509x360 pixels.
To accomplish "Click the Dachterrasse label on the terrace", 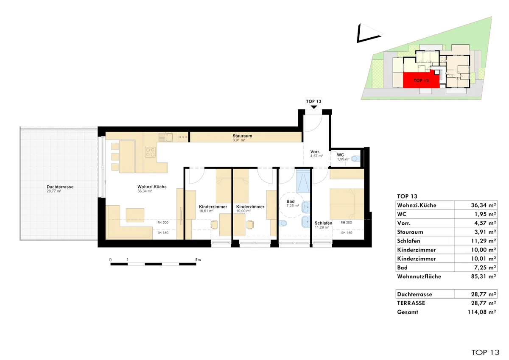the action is (60, 187).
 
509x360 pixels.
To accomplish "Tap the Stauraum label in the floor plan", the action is (242, 136).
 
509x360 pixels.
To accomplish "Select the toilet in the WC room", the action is (355, 159).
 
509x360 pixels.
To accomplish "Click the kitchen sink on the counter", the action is (166, 137).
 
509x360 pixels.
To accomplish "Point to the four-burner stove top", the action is (150, 152).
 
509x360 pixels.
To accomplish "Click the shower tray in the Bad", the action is (303, 181).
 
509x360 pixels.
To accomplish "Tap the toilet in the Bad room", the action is (283, 223).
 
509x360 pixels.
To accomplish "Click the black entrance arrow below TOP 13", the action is (313, 107).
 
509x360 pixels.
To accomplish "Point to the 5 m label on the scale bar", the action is (198, 260).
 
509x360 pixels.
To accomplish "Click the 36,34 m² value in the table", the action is (483, 205).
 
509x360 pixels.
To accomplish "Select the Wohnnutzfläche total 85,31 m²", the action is (483, 276).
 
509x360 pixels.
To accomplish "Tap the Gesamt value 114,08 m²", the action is (482, 312).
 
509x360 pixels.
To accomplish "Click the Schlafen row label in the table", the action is (408, 241).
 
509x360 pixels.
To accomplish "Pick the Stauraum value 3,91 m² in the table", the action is (485, 232).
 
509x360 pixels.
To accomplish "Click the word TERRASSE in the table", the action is (411, 303).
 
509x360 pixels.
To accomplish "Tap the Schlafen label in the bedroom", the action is (323, 223).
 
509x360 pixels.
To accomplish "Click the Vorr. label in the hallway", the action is (315, 152).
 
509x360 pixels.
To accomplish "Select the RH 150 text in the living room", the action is (163, 233).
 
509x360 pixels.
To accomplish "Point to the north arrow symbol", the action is (369, 33).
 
